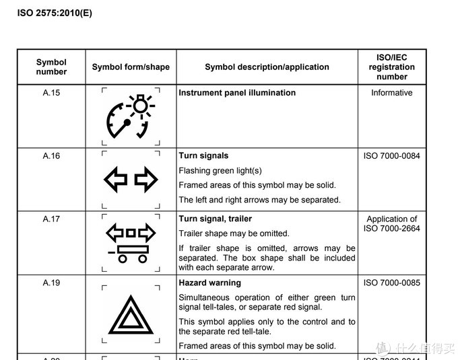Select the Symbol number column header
click(51, 67)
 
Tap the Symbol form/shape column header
click(131, 67)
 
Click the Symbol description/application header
click(267, 67)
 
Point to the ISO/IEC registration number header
click(391, 67)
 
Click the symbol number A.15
click(51, 93)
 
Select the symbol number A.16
click(51, 156)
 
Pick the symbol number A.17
click(51, 219)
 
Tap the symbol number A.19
click(51, 283)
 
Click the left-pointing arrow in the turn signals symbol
click(115, 180)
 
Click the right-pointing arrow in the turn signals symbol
click(145, 180)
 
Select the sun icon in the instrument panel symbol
click(140, 106)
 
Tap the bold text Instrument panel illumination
click(237, 93)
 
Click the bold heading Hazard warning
click(209, 283)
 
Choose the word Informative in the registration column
click(391, 93)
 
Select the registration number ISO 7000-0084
click(391, 156)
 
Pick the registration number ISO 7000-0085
click(391, 283)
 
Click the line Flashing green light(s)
click(220, 171)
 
